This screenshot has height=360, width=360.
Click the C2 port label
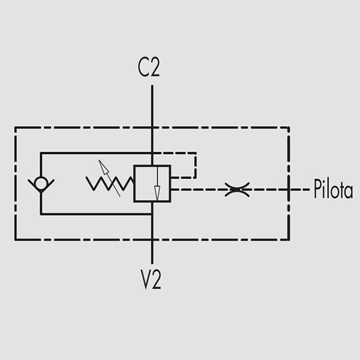(x=149, y=68)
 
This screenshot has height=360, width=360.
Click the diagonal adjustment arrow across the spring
(x=110, y=178)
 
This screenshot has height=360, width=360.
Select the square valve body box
(x=152, y=184)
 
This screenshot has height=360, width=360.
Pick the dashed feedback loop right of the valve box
(x=196, y=166)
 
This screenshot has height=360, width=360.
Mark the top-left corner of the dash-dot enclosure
(x=15, y=127)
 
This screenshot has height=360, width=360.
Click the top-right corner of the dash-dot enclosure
(x=289, y=127)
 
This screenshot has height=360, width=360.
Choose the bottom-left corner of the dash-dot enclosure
(x=15, y=239)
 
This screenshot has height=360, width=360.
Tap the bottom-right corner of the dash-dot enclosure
(x=289, y=239)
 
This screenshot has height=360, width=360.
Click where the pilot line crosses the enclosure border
(x=289, y=190)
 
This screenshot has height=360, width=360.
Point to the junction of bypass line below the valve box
(x=152, y=214)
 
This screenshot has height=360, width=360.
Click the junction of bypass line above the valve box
(x=152, y=153)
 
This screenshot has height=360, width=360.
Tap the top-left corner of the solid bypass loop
(x=41, y=153)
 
